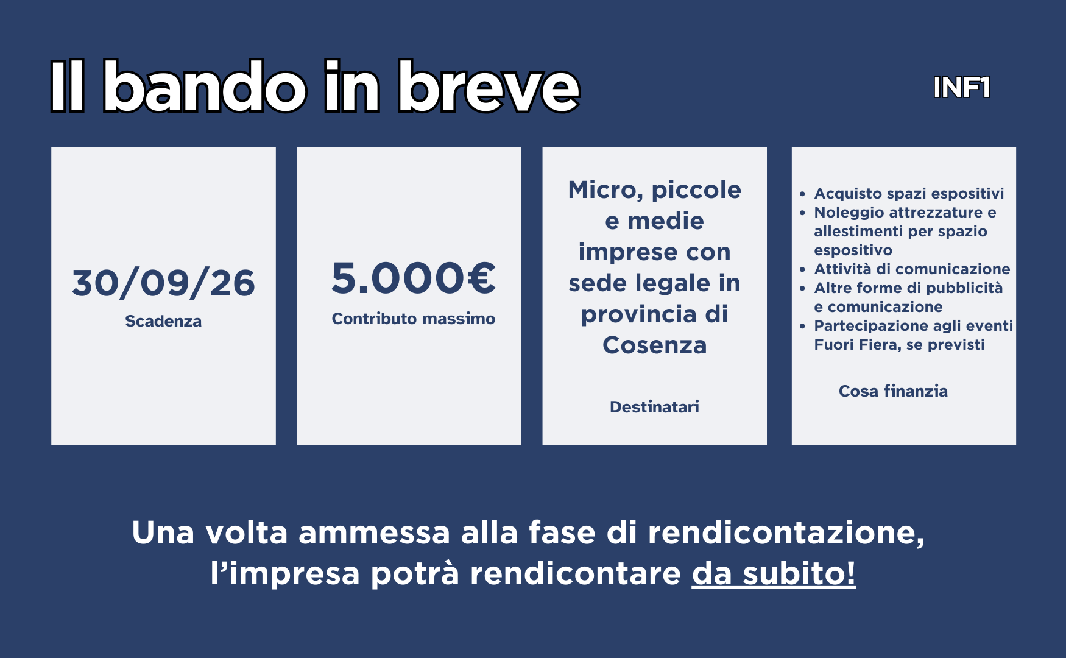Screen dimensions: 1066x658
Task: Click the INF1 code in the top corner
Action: tap(962, 88)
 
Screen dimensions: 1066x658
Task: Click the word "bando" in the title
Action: tap(205, 87)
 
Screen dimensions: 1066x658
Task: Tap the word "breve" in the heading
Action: tap(489, 87)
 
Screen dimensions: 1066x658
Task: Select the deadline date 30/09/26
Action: tap(163, 283)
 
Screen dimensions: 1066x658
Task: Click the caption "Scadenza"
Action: tap(163, 321)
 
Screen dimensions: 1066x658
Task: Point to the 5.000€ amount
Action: tap(414, 278)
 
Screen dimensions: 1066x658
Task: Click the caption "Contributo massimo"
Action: tap(414, 319)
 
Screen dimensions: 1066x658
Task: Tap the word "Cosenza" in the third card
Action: tap(655, 345)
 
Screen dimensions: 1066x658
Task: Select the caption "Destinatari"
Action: tap(655, 407)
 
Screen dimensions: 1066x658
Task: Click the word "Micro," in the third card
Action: tap(606, 190)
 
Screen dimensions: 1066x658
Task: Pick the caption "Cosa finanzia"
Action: tap(894, 391)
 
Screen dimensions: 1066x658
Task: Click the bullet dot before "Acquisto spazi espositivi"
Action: tap(803, 194)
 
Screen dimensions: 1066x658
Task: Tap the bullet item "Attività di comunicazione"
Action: tap(912, 269)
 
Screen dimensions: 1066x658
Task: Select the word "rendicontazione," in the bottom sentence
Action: tap(786, 533)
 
